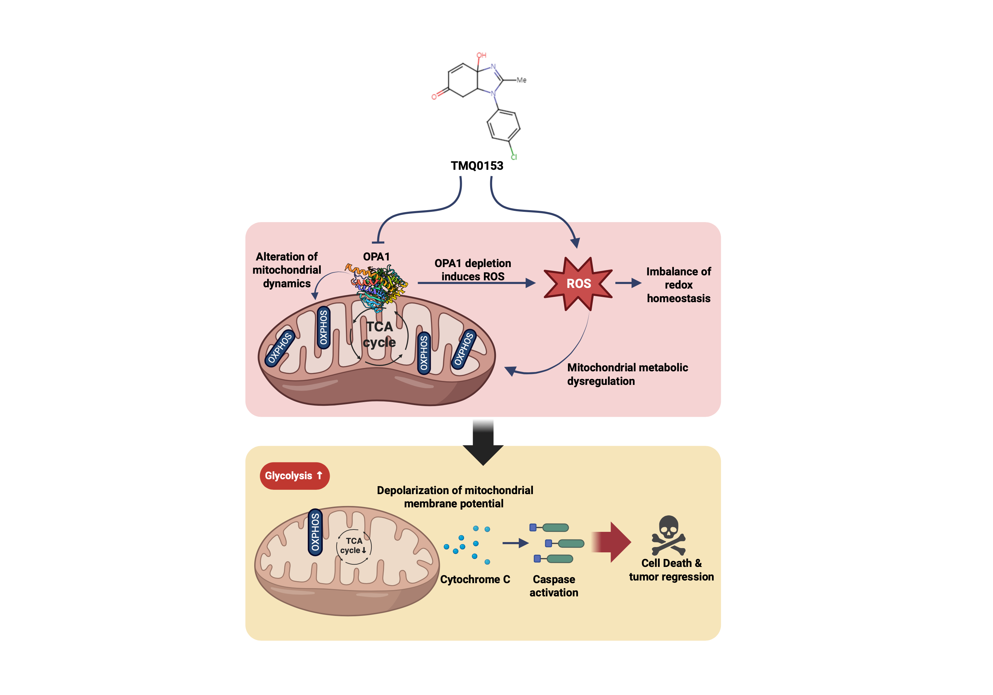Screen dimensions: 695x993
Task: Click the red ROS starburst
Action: [x=578, y=283]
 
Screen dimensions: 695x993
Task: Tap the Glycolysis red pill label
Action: [x=295, y=476]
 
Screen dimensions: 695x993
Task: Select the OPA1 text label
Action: [x=376, y=256]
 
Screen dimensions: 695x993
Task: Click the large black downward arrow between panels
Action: [x=483, y=443]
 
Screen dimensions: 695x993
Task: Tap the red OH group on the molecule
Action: [x=481, y=56]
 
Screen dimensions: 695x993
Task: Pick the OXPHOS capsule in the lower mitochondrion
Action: [x=315, y=532]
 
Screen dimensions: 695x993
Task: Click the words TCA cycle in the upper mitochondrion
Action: [x=380, y=334]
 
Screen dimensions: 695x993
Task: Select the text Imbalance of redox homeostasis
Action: [x=678, y=285]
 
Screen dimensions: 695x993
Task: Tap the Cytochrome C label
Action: [x=475, y=579]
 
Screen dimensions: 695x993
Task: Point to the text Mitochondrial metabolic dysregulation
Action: [x=627, y=374]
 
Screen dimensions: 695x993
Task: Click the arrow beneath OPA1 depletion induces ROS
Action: [x=476, y=283]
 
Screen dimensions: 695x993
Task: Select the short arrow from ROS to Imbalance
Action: [x=628, y=283]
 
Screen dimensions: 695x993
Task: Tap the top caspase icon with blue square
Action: [x=549, y=527]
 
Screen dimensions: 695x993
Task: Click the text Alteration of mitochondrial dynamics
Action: [x=287, y=270]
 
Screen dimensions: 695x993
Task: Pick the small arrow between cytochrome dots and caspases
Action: [x=515, y=543]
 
